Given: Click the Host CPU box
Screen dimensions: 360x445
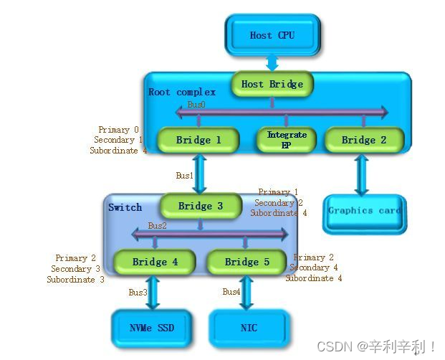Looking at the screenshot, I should (272, 34).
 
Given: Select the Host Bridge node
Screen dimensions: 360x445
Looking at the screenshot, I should (272, 84).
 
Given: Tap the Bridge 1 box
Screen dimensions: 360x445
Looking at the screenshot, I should (198, 140).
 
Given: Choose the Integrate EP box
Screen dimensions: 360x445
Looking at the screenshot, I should (287, 140).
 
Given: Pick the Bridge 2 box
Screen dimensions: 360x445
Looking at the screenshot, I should (364, 140).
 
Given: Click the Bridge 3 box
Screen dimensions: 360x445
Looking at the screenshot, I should (201, 206).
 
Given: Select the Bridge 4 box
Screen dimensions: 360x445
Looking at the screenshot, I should (155, 262).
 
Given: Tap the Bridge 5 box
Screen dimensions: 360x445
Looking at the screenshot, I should (247, 262).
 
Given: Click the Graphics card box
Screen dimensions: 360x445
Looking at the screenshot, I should (364, 212).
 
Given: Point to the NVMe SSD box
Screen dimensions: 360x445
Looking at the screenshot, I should (152, 328).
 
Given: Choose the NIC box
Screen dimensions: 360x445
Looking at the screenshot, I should (249, 328).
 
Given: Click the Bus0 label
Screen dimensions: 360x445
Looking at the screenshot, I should (196, 105).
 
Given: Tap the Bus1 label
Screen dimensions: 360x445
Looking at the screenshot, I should (184, 175).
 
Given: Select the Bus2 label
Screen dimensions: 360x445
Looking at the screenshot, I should (157, 226).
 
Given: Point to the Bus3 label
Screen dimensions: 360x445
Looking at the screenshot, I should (138, 292).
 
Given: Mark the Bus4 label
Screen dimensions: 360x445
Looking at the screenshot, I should (231, 292).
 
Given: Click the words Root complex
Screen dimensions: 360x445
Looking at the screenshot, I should (181, 92).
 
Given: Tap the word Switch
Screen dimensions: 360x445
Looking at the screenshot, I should (125, 207).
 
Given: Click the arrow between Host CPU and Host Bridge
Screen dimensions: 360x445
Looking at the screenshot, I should (272, 62).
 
